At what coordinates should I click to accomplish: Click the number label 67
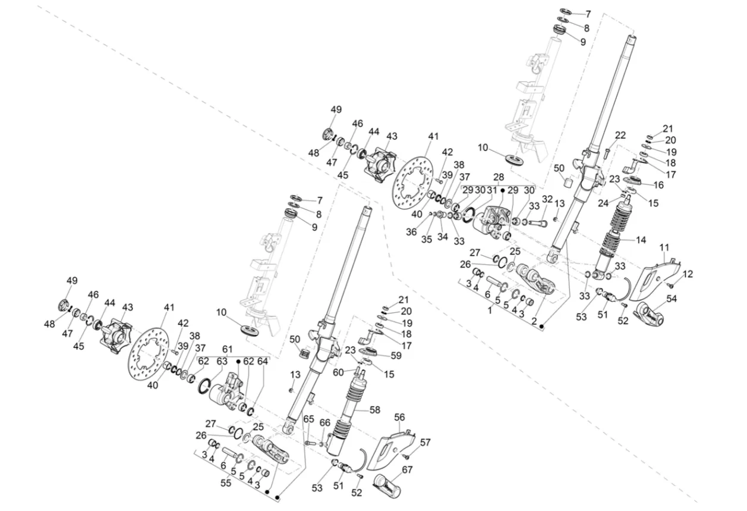(x=407, y=470)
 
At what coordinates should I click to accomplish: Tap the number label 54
(x=672, y=299)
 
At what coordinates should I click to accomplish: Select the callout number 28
(x=498, y=178)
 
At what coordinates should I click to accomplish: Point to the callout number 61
(x=228, y=349)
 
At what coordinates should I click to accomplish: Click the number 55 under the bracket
(x=226, y=484)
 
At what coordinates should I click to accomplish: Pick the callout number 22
(x=620, y=135)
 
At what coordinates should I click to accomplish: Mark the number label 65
(x=308, y=419)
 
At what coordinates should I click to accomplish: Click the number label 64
(x=263, y=362)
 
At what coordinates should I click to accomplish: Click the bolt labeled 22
(x=606, y=153)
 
